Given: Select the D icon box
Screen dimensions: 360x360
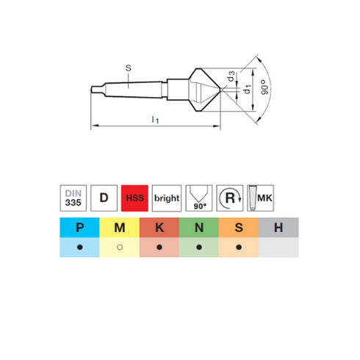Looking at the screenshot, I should click(x=104, y=198).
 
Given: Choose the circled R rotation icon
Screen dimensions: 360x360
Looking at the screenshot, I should click(x=231, y=198).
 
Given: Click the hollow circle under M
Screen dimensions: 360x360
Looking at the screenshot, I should click(x=119, y=248).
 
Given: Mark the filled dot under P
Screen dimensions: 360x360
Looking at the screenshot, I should click(x=79, y=248).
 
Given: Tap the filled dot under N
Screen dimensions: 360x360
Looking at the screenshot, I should click(x=198, y=248).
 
